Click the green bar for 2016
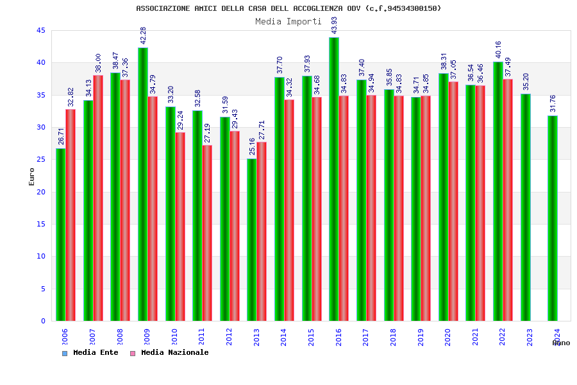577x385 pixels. tap(334, 180)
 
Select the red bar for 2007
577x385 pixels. tap(98, 198)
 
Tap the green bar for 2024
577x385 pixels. tap(553, 218)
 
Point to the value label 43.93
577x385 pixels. tap(334, 26)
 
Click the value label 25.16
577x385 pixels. tap(252, 146)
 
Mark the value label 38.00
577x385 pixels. tap(98, 63)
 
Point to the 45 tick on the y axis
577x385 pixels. tap(40, 30)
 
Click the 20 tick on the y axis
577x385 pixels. tap(40, 192)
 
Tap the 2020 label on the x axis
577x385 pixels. tap(447, 337)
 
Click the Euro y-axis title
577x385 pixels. tap(32, 176)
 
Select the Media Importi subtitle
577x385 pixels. tap(288, 21)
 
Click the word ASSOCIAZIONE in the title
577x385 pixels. tap(163, 8)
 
